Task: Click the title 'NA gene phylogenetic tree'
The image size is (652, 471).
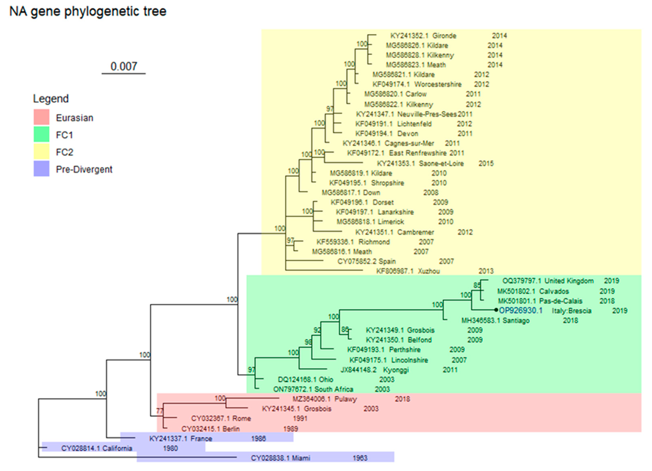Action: [88, 12]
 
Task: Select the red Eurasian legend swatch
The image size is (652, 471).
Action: [41, 117]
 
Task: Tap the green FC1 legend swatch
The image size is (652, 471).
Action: [41, 134]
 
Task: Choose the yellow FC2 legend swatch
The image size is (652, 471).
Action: [41, 152]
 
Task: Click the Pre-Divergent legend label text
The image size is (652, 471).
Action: [84, 169]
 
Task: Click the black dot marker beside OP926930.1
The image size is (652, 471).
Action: [496, 310]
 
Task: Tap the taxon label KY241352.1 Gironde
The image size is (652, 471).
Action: [423, 36]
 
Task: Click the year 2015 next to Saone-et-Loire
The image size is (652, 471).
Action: [486, 163]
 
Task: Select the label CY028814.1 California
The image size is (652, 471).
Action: [97, 448]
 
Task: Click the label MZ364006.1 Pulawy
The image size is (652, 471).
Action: [325, 399]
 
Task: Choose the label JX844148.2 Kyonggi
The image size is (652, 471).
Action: [374, 370]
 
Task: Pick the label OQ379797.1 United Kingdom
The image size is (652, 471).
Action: [548, 281]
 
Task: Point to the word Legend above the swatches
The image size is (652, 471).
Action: [51, 99]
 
